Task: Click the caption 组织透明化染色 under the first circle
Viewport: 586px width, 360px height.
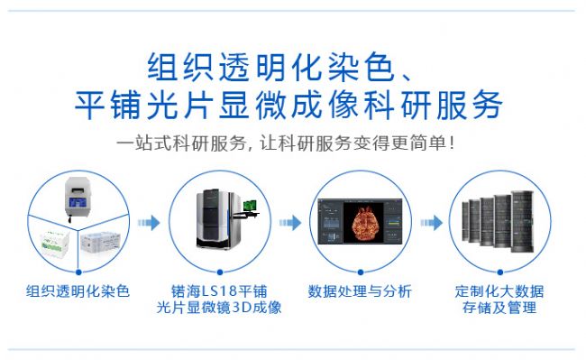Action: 78,291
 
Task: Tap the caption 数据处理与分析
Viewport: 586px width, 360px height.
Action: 360,291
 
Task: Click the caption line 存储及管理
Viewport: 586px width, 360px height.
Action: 499,308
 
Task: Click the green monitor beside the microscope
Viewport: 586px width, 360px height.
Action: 250,206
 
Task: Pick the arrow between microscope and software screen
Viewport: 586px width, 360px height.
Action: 290,223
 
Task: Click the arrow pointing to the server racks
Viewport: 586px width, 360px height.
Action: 431,223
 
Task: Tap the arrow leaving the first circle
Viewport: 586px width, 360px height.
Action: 149,223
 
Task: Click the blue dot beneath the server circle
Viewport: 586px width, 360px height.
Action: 500,272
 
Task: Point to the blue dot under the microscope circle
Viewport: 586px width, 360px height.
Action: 220,272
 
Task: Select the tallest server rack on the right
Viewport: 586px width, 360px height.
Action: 522,220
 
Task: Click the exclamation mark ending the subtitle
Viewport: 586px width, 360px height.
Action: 453,143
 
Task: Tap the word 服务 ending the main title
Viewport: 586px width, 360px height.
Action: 470,105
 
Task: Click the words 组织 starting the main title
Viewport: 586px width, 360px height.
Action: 180,67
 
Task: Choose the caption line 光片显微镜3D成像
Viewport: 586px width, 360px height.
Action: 219,308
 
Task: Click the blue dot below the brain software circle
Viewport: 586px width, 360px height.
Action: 361,272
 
